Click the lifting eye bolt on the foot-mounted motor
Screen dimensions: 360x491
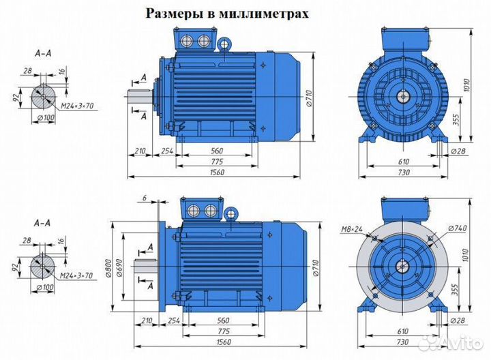[224, 42]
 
